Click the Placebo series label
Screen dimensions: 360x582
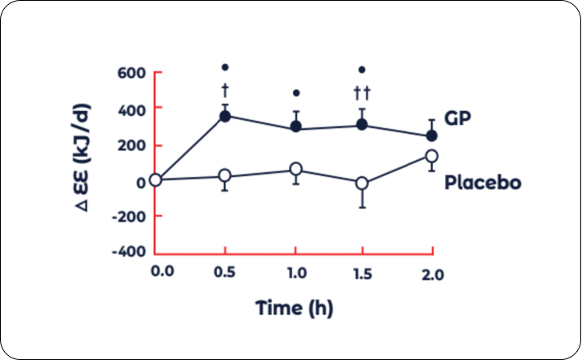(x=482, y=181)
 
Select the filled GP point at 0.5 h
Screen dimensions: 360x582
(x=225, y=116)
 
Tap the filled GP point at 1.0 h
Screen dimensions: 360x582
(x=296, y=127)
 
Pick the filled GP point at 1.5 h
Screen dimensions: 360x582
(x=362, y=125)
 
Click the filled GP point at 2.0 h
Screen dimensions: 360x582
(x=432, y=136)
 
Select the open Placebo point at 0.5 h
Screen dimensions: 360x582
(x=225, y=176)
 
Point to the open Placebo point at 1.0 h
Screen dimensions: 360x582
(x=296, y=170)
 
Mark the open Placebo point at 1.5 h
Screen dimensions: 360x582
(x=362, y=183)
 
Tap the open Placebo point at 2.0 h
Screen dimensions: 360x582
(x=432, y=156)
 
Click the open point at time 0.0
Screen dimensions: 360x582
(x=155, y=180)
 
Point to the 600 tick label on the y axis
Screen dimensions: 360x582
(x=131, y=73)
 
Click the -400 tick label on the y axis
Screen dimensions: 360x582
(x=127, y=251)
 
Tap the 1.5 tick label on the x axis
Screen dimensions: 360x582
(x=363, y=273)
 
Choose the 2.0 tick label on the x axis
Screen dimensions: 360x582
(x=433, y=275)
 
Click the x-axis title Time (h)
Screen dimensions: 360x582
(x=295, y=309)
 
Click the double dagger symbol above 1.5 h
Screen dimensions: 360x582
(x=362, y=91)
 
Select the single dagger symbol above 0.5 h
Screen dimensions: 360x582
(x=225, y=90)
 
